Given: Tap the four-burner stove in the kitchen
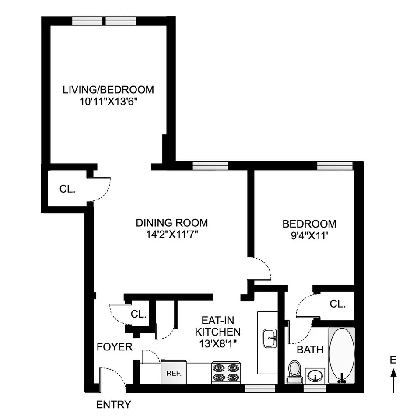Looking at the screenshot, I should click(226, 373).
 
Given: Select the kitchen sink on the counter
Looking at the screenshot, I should click(270, 339).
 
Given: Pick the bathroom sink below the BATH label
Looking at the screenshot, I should click(315, 375).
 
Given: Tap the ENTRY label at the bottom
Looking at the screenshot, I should click(113, 405).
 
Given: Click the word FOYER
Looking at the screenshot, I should click(114, 347).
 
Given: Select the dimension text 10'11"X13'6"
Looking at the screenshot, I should click(108, 101).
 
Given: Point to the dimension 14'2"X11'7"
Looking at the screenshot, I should click(171, 234).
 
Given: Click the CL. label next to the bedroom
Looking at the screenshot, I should click(337, 304).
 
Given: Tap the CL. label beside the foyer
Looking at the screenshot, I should click(138, 314).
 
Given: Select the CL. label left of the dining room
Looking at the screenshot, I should click(67, 189).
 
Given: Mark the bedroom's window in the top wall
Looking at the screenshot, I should click(334, 165).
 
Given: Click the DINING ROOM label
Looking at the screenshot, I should click(171, 222).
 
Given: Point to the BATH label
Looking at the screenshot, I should click(310, 350).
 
